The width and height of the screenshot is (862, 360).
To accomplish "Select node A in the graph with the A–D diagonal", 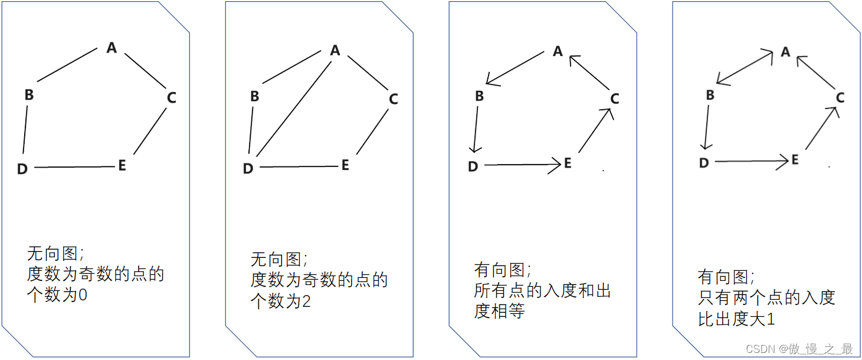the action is [335, 51].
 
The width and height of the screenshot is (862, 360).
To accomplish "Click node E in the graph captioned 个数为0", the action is [122, 165].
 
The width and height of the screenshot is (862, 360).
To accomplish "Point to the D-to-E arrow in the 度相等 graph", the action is [522, 166].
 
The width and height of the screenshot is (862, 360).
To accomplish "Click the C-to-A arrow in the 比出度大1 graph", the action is [817, 71].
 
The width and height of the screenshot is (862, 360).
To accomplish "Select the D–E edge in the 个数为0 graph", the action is [74, 168].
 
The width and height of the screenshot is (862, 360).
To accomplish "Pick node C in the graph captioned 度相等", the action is [615, 99].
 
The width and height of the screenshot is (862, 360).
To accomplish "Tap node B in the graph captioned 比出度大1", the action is [710, 95].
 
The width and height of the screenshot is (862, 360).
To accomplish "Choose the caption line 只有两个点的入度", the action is [766, 297].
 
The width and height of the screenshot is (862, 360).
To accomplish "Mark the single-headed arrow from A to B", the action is [514, 68].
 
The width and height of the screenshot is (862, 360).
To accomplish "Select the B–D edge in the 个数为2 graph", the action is [251, 133].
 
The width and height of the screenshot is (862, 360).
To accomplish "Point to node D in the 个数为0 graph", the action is [22, 169].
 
